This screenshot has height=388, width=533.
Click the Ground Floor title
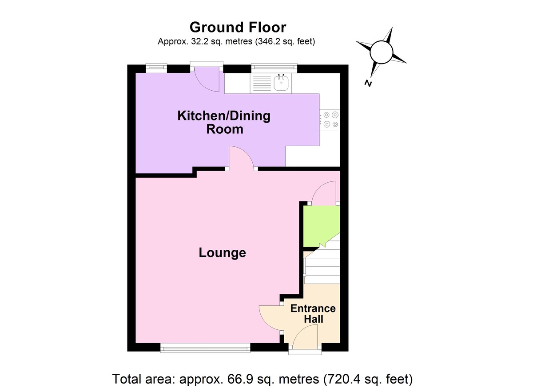238,27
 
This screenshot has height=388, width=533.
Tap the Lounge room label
222,253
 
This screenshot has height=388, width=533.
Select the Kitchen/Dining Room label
223,123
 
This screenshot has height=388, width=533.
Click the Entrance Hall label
313,314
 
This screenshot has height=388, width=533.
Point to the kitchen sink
282,82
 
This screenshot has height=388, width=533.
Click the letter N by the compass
368,83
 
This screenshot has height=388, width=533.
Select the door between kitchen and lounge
242,158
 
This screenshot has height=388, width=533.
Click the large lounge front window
205,348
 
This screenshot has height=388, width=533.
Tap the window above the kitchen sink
274,67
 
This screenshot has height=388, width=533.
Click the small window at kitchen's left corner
157,67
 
